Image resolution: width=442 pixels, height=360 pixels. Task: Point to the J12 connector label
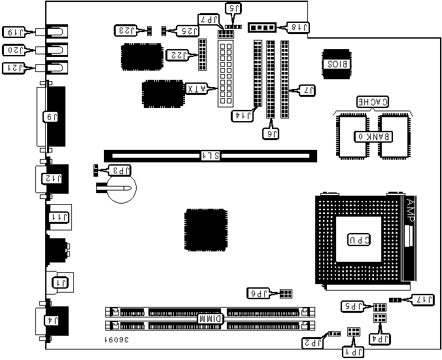51,177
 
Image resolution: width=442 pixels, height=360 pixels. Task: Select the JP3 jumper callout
121,170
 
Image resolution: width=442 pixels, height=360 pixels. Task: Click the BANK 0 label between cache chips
372,136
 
